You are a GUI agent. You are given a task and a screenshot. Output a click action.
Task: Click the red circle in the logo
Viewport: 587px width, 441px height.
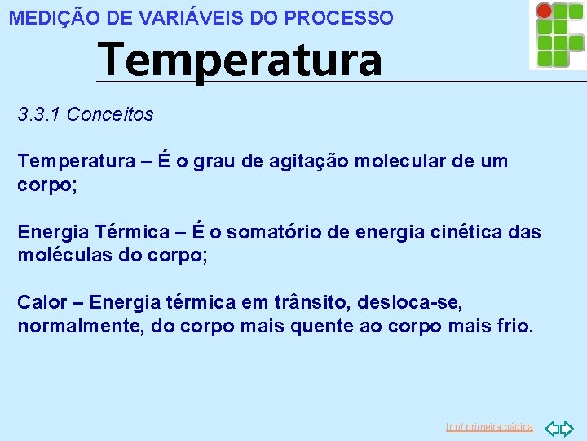pos(544,11)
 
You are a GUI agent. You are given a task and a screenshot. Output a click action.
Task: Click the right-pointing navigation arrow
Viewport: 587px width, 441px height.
pos(567,427)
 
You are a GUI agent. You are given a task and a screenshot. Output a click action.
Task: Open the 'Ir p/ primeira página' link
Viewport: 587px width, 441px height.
pos(489,427)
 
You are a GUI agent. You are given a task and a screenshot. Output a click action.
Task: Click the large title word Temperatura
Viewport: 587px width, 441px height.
pos(239,60)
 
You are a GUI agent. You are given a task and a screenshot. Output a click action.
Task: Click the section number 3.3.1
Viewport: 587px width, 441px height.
pos(39,114)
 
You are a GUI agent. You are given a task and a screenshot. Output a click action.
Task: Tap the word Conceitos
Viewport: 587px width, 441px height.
pos(110,114)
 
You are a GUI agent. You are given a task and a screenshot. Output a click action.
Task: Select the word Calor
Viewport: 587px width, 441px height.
pos(42,303)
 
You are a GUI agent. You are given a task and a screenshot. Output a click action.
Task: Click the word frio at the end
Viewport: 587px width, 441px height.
pos(515,327)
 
